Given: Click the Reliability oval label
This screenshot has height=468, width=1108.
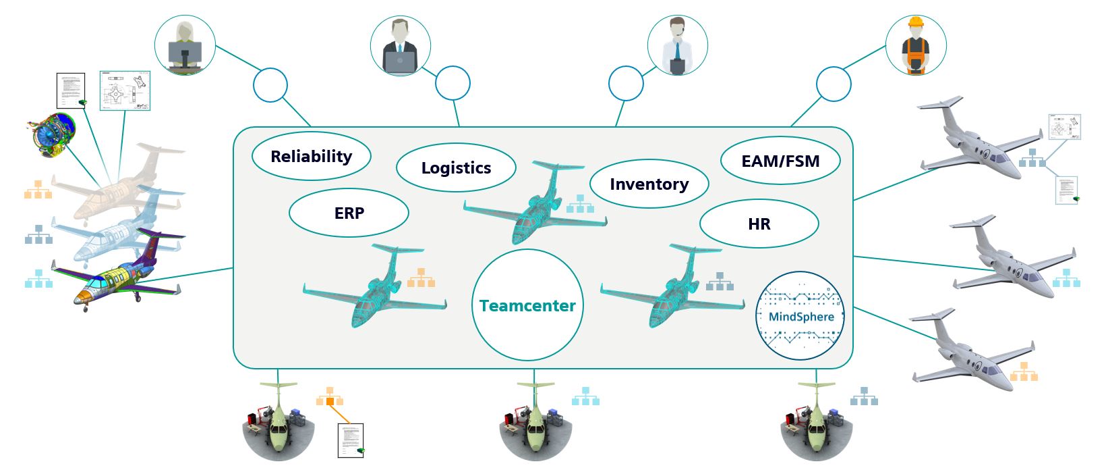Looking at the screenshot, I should [x=311, y=157].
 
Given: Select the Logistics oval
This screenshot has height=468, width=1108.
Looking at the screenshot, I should [x=456, y=168].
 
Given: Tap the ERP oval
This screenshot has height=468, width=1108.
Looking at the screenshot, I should [x=349, y=213].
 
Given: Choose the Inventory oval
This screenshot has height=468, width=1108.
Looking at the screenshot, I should [x=649, y=184].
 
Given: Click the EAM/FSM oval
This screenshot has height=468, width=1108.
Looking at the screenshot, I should [x=780, y=161].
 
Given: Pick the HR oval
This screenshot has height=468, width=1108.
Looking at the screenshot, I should [x=759, y=224].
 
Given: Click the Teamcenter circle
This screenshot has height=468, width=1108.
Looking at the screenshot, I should [x=527, y=305].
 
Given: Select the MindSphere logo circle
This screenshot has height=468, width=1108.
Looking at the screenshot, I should [x=800, y=315].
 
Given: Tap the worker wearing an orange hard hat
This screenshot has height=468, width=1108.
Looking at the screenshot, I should [x=915, y=46].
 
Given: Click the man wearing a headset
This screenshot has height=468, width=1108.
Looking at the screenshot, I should [x=677, y=46].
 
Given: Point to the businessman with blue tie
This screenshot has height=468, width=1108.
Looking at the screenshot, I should [x=401, y=46].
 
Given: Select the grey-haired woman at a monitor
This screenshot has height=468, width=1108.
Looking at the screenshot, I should [x=185, y=46].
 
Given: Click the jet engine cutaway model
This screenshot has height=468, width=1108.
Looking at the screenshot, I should [x=51, y=132].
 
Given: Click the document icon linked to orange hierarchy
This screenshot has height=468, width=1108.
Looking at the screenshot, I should [x=350, y=440].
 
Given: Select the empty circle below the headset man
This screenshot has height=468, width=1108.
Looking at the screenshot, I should [x=626, y=84].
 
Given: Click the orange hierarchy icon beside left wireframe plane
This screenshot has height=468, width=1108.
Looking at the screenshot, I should [x=421, y=278].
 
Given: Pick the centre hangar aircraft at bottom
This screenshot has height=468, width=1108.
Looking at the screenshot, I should [x=535, y=422].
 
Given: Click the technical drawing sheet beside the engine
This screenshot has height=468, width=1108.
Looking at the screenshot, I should [x=125, y=90].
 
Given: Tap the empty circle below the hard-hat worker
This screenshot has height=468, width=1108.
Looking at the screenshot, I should [x=834, y=84].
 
